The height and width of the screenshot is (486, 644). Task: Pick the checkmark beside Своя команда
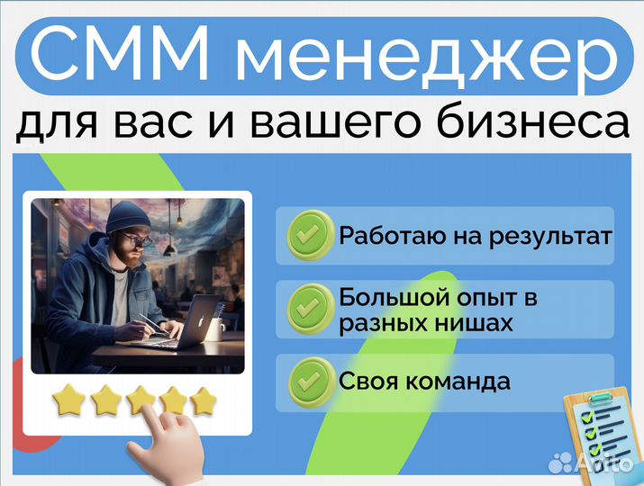pyautogui.click(x=311, y=382)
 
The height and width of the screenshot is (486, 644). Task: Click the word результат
pyautogui.click(x=550, y=238)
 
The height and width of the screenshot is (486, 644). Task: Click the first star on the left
pyautogui.click(x=68, y=400)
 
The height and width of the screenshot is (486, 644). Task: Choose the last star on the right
pyautogui.click(x=204, y=401)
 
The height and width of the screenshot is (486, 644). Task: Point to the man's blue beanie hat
pyautogui.click(x=127, y=218)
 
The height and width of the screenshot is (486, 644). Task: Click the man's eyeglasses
pyautogui.click(x=138, y=239)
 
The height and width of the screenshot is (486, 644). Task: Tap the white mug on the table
pyautogui.click(x=215, y=329)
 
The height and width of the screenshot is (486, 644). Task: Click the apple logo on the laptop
pyautogui.click(x=202, y=321)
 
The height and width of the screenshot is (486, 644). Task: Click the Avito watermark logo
pyautogui.click(x=590, y=463)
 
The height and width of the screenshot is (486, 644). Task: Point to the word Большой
pyautogui.click(x=395, y=297)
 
